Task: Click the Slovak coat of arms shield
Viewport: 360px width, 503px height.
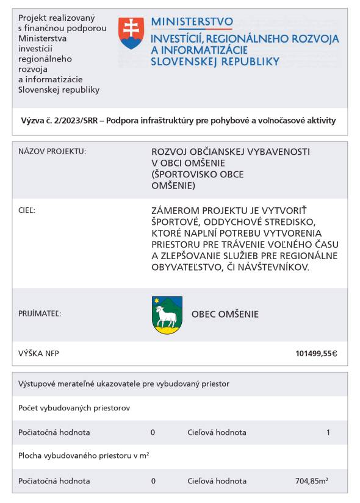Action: click(131, 33)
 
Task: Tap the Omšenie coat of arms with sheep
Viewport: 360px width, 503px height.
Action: click(167, 315)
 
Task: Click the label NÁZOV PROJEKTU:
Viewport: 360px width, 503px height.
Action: click(52, 151)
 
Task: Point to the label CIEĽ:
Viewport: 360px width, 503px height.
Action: click(27, 210)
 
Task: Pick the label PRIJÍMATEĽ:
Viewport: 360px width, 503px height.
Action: click(40, 315)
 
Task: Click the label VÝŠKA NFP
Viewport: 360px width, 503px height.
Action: click(39, 354)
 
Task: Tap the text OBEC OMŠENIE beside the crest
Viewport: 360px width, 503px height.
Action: click(225, 315)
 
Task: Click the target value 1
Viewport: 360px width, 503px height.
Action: click(328, 432)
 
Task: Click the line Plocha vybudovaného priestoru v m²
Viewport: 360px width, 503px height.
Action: click(84, 456)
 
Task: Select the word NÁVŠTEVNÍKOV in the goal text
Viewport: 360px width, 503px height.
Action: click(276, 267)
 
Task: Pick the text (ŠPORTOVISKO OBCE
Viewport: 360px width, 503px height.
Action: click(197, 174)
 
